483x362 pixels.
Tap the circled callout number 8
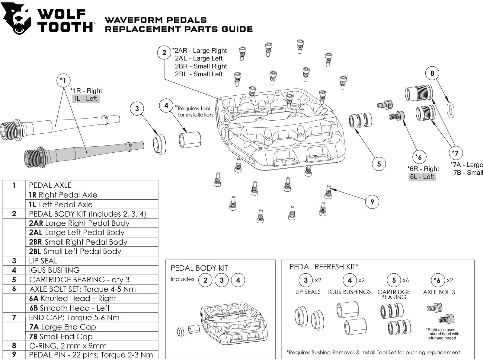tap(432, 73)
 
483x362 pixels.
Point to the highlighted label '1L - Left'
tap(86, 98)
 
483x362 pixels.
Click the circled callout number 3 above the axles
tap(137, 109)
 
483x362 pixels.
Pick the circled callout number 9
tap(372, 202)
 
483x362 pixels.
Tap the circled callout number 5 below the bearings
tap(379, 164)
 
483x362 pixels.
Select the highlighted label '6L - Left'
tap(422, 177)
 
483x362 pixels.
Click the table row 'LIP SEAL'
tap(80, 261)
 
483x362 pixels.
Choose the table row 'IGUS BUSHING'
tap(80, 270)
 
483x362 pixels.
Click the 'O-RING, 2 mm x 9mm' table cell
tap(91, 346)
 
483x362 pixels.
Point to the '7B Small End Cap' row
tap(91, 336)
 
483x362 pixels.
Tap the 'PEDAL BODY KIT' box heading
tap(199, 268)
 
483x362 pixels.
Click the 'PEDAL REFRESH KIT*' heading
tap(324, 267)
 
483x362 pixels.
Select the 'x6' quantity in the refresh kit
tap(405, 280)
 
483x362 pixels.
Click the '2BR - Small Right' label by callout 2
tap(201, 66)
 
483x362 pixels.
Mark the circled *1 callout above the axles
tap(63, 81)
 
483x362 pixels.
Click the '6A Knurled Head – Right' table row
tap(91, 298)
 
